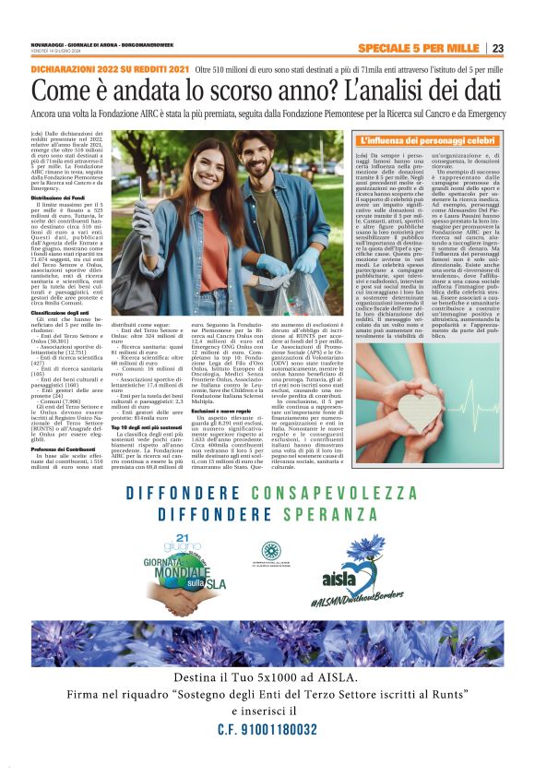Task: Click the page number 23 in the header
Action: [x=497, y=48]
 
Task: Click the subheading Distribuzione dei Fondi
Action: [x=63, y=198]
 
